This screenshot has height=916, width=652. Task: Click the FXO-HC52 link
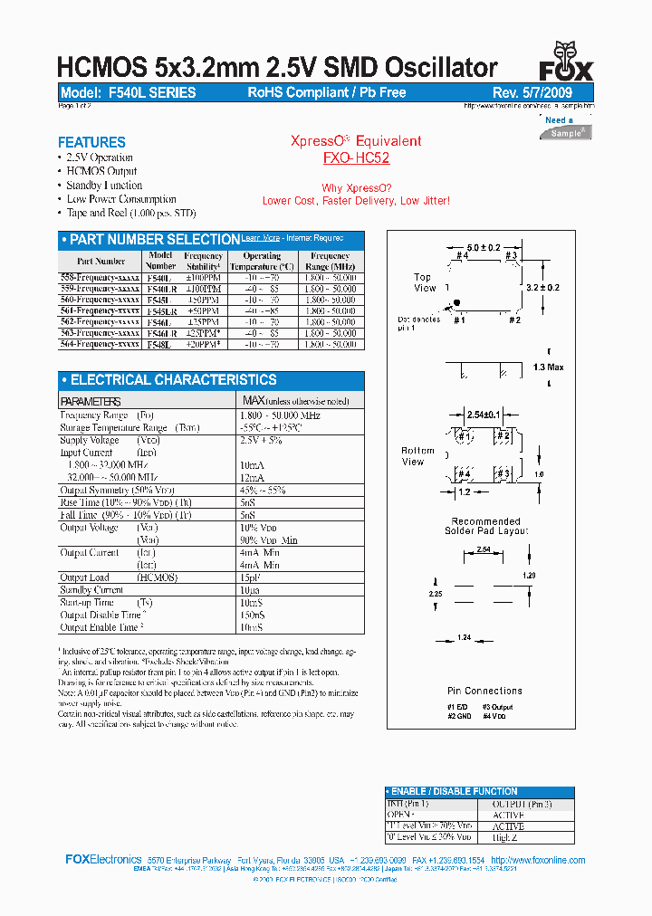pos(356,157)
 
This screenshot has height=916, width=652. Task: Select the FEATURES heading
pos(91,142)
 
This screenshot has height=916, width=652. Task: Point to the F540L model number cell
pos(157,278)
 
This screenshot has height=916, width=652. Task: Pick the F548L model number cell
pos(157,345)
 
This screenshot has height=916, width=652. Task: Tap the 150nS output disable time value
pos(253,615)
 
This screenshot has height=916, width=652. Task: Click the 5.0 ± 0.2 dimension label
pos(484,248)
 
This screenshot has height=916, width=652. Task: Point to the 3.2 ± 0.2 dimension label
pos(542,288)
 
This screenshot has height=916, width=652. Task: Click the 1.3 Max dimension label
pos(549,367)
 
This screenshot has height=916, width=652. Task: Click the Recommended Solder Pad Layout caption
pos(485,526)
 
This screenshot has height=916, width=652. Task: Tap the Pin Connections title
pos(485,691)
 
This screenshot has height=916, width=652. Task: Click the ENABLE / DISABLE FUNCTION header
pos(454,791)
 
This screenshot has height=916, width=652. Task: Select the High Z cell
pos(507,838)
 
